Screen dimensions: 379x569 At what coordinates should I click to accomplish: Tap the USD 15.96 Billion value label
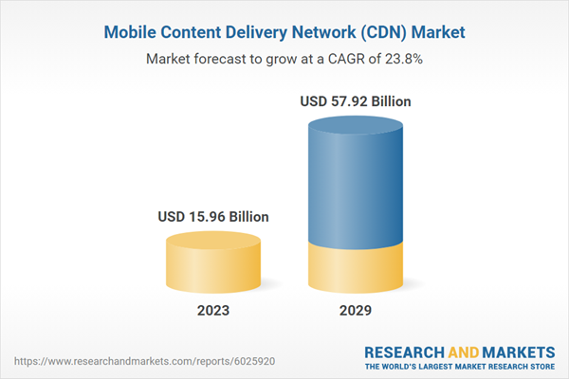(x=212, y=217)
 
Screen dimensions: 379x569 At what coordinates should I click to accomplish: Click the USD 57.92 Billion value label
(x=356, y=100)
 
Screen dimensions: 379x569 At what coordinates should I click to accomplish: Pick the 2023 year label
(x=212, y=311)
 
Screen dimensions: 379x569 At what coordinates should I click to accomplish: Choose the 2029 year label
(x=356, y=311)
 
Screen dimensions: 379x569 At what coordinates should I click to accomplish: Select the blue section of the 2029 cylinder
(x=356, y=180)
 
